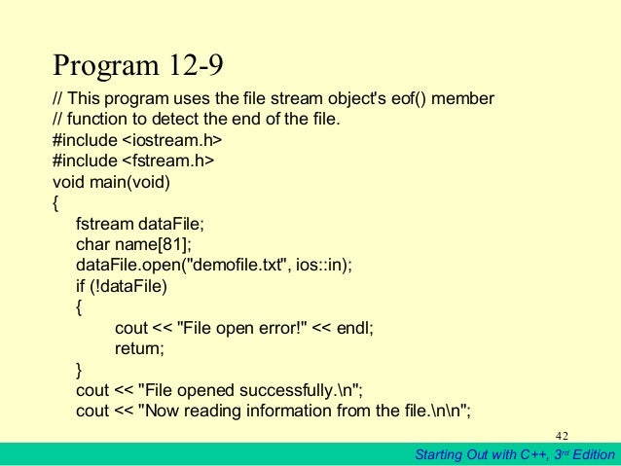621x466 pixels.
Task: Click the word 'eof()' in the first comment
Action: tap(391, 100)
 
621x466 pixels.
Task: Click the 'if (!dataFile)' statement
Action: tap(122, 285)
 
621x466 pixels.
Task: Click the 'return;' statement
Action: tap(139, 348)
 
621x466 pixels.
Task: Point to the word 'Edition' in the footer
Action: tap(590, 454)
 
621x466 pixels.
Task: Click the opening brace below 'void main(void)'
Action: tap(55, 202)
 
